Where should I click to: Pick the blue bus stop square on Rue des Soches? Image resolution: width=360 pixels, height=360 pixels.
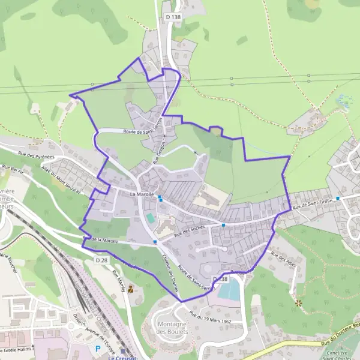[x=223, y=225]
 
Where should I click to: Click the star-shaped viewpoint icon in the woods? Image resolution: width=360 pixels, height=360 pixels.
[x=299, y=303]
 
